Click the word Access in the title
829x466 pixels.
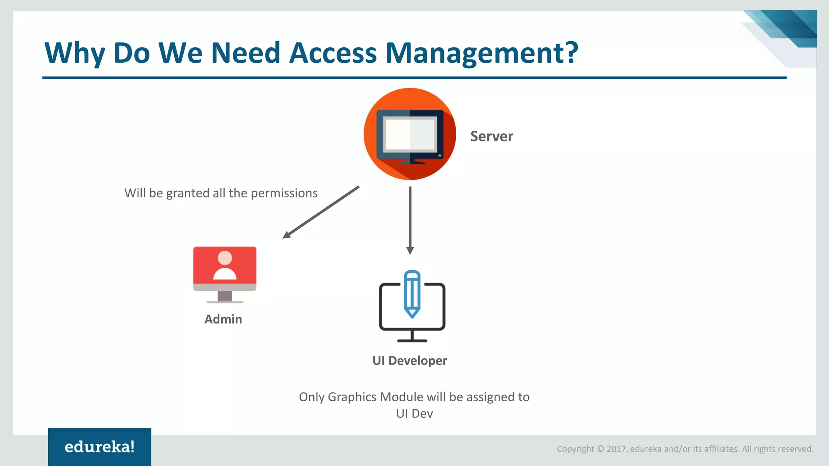pos(333,53)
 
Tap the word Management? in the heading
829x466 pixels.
pos(482,53)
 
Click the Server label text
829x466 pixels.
pos(491,136)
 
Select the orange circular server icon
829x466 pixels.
pos(410,134)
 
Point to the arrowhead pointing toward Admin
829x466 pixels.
pos(287,235)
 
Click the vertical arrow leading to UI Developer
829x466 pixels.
pos(410,218)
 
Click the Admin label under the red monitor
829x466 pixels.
pos(223,319)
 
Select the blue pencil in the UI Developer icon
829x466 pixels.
pos(412,294)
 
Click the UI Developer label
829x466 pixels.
pos(410,360)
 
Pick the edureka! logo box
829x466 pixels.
pos(100,447)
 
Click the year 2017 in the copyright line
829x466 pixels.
pos(616,449)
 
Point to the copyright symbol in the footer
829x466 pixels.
pos(600,449)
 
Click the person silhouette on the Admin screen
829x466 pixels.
pos(225,265)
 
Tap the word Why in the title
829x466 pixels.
pos(74,53)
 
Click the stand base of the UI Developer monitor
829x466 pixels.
pos(412,341)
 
